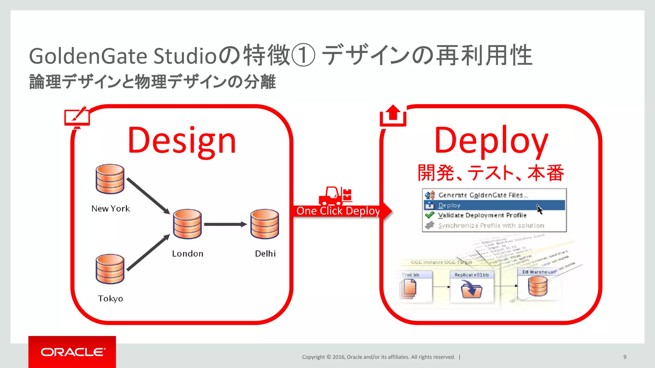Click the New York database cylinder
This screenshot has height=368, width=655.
coord(110,179)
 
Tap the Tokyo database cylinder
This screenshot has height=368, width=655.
coord(110,269)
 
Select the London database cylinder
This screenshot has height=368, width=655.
coord(187,224)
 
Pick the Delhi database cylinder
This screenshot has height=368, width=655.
coord(264,224)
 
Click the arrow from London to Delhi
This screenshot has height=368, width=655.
coord(225,224)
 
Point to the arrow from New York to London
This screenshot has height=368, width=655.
coord(148,195)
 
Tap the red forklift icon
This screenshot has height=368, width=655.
coord(335,196)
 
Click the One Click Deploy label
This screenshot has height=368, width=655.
coord(338,211)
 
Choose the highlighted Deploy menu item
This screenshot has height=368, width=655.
coord(449,205)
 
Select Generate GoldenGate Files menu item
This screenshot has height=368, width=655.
coord(483,195)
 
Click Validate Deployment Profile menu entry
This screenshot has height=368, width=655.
coord(482,215)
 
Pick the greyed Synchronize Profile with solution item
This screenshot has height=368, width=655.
coord(491,226)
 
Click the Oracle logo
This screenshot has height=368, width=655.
coord(72,352)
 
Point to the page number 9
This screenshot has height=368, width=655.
coord(625,357)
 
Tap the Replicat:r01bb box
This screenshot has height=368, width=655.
coord(471,287)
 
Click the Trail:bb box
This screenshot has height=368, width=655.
coord(415,287)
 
